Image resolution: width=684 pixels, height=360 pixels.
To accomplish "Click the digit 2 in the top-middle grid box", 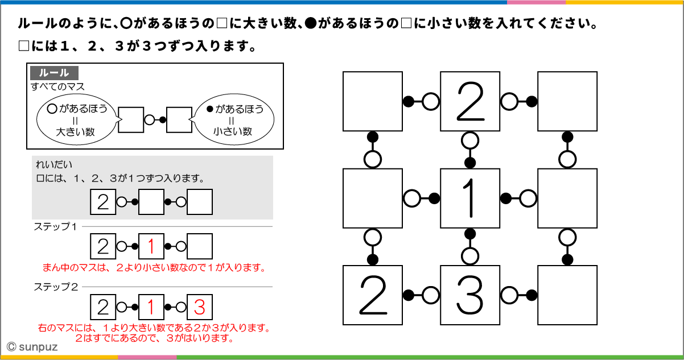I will tap(470, 101).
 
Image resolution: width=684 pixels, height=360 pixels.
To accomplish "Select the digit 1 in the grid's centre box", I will tap(470, 198).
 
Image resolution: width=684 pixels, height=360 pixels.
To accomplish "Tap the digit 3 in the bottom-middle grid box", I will tap(470, 295).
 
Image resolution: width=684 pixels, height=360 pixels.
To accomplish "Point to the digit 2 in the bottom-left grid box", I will tap(373, 295).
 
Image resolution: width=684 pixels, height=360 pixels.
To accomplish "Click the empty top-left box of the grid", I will tap(373, 101).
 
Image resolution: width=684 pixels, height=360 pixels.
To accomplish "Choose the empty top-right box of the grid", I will tap(567, 101).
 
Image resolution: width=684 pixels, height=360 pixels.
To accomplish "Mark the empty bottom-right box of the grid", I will tap(567, 295).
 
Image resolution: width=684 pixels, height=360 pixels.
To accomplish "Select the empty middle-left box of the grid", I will tap(373, 198).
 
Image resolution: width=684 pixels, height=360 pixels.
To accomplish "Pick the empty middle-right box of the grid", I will tap(567, 198).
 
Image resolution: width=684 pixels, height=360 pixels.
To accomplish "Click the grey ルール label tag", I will tap(54, 73).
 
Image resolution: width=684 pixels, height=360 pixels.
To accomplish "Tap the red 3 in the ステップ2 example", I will tap(199, 307).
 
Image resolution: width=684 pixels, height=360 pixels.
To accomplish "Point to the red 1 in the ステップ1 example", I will tap(151, 247).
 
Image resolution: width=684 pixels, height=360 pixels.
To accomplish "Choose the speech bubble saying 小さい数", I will tap(233, 120).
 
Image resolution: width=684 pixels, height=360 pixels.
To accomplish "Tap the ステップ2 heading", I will tap(55, 287).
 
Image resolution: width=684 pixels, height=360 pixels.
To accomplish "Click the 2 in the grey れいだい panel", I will tap(103, 202).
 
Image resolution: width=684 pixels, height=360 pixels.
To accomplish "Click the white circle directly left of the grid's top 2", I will tap(431, 102).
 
